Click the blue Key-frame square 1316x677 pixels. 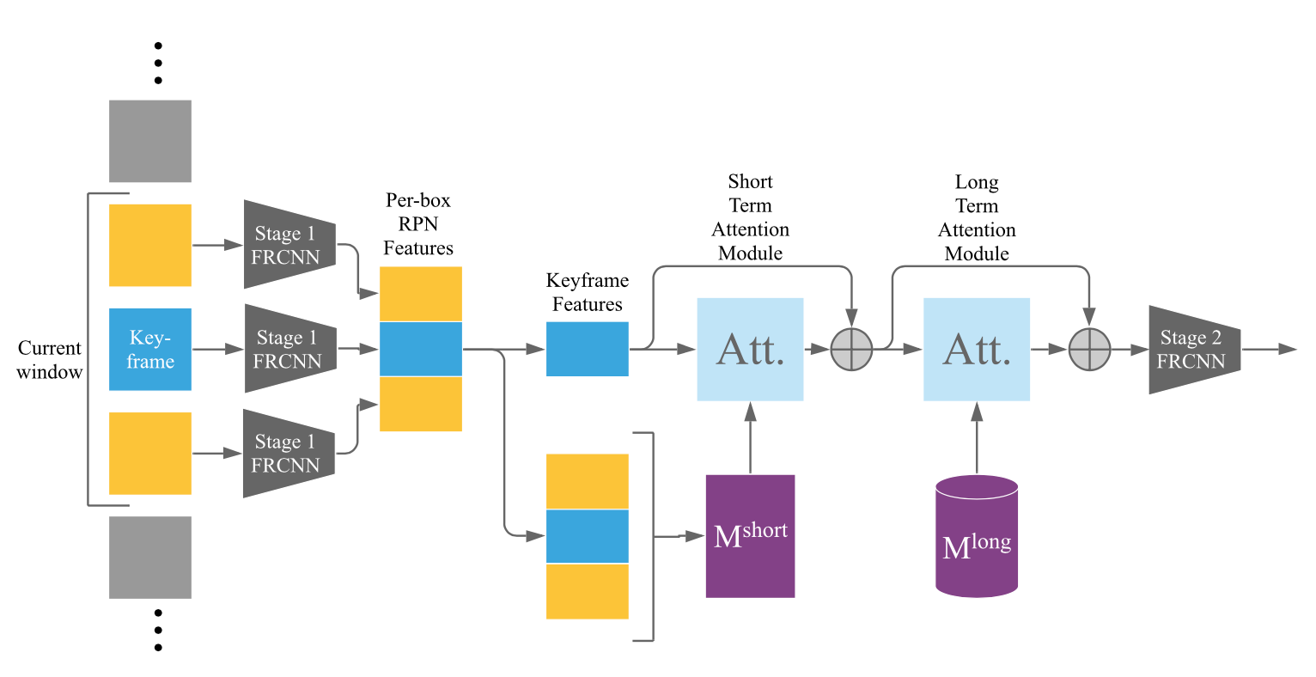click(150, 349)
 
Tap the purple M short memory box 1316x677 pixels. click(750, 536)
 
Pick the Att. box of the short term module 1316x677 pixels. click(750, 350)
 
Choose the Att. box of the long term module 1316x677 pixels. click(977, 350)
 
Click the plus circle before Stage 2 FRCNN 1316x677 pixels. click(1089, 350)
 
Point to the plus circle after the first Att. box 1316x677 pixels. click(851, 350)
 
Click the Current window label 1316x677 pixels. click(50, 360)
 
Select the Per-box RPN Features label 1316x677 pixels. click(418, 224)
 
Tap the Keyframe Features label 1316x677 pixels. click(588, 292)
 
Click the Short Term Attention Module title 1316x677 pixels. click(751, 217)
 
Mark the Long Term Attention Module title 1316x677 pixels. click(977, 218)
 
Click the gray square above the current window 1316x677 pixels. click(150, 141)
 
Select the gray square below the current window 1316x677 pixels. click(150, 557)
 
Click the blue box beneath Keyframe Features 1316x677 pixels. click(588, 349)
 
